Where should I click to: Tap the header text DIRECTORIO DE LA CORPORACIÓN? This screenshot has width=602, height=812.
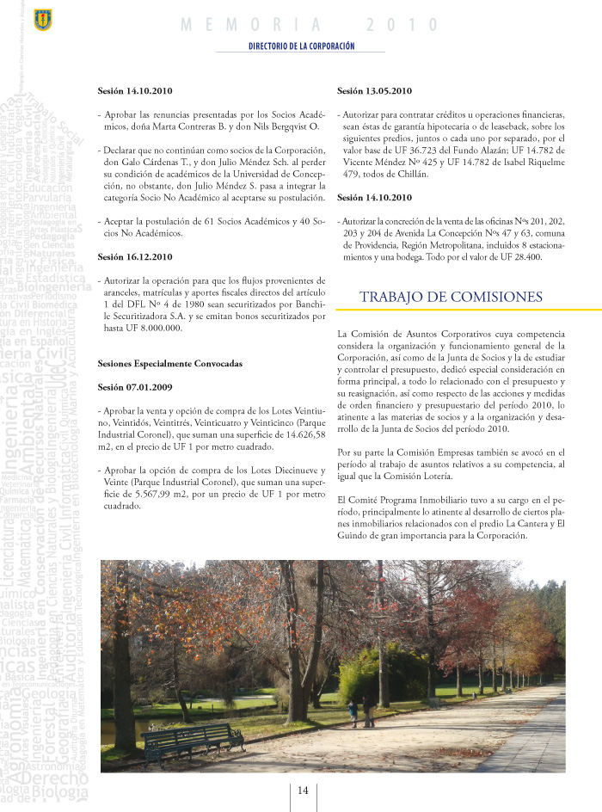(301, 46)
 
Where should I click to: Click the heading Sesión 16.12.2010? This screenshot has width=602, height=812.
(135, 256)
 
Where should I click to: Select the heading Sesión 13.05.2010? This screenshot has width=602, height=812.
(374, 91)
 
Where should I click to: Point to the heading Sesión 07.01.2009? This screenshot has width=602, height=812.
(135, 387)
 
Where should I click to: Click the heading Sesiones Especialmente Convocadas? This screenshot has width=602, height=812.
(170, 364)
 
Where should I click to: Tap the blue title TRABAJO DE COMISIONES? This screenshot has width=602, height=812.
(451, 297)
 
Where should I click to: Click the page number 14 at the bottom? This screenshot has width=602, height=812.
(303, 790)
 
